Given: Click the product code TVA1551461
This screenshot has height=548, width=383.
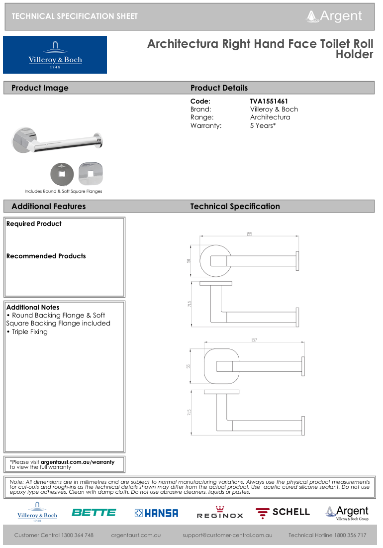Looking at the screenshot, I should [x=269, y=101].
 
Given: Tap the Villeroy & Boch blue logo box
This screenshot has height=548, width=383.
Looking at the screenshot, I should [x=55, y=55].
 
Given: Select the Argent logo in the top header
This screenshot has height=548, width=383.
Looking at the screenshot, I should [x=334, y=16].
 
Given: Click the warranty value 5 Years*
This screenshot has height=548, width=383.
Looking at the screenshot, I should [x=263, y=125].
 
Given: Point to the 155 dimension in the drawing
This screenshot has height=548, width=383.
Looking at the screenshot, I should [x=249, y=234].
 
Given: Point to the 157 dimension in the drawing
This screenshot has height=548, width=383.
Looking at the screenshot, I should [x=254, y=340].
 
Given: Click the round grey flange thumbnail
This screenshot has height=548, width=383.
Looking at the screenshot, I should [x=62, y=174].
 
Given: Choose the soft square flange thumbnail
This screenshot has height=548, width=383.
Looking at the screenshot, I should [x=91, y=174].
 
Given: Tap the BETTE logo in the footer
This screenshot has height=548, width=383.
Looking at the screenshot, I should [x=94, y=512].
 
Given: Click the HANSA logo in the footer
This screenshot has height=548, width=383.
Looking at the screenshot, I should [x=156, y=513].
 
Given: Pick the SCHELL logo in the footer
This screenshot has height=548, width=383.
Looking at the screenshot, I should [x=283, y=512].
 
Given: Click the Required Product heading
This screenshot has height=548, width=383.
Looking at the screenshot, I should [x=34, y=224].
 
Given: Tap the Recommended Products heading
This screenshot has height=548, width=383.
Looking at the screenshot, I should [x=46, y=256].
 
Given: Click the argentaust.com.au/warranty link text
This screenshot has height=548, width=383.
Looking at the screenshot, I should [x=77, y=462].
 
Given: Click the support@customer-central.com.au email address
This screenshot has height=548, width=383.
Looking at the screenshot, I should [x=227, y=535].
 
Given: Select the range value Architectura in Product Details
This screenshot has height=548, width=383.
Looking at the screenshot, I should [x=270, y=117].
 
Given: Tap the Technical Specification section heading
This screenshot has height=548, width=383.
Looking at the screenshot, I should [x=235, y=207].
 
